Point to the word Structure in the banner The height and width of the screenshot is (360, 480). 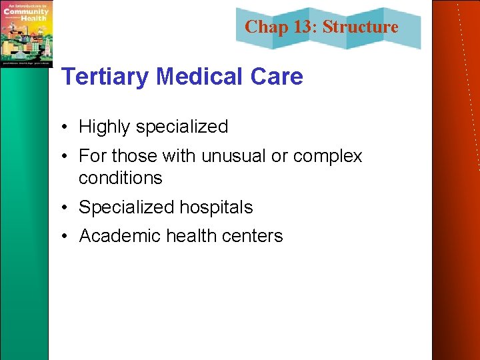(361, 27)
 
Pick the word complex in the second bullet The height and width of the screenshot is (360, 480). (328, 156)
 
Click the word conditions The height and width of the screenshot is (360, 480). (120, 178)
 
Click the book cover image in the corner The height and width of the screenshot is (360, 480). (26, 33)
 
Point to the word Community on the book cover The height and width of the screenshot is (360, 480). (26, 11)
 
